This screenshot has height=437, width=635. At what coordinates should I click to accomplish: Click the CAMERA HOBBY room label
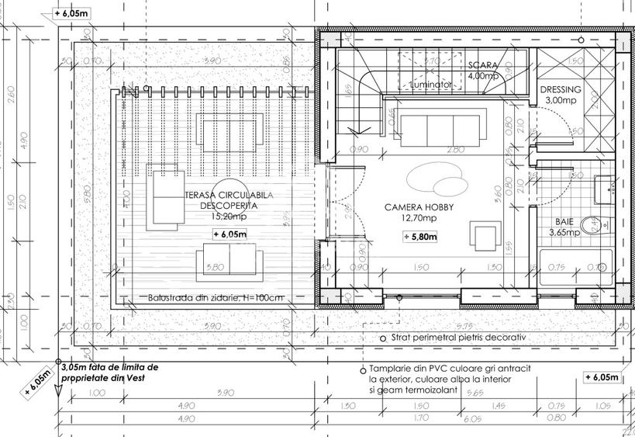pos(419,208)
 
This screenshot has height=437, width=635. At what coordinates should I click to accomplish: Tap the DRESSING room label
pos(560,89)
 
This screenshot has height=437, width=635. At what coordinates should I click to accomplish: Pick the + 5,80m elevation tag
pos(420,237)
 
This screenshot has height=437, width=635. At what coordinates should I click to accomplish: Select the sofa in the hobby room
pos(435,123)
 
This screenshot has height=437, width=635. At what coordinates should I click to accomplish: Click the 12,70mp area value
pos(419,219)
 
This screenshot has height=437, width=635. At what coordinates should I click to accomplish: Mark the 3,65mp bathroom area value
pos(564,231)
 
